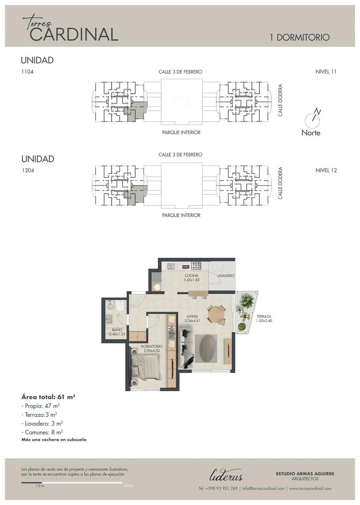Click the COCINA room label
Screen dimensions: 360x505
point(192,276)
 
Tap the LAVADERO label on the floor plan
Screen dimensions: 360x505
point(226,276)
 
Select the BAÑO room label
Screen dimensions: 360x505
point(117,330)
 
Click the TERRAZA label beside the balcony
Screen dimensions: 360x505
point(264,316)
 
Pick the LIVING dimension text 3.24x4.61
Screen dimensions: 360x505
point(192,321)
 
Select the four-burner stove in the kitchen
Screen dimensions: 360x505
point(196,266)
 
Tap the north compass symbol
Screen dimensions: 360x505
point(312,119)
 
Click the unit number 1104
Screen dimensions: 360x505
point(27,72)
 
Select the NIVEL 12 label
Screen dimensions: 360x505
point(326,170)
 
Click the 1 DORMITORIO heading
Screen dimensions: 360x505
point(300,37)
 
